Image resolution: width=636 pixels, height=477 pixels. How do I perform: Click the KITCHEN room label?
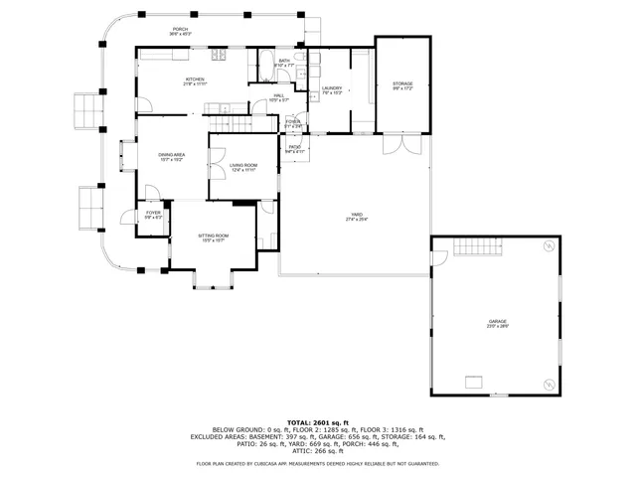[195, 79]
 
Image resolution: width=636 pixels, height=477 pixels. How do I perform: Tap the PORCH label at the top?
[181, 30]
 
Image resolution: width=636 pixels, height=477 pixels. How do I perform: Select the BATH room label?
[284, 62]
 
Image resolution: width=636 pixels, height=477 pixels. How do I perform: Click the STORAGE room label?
[402, 83]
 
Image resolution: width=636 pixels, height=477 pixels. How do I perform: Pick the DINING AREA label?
[172, 155]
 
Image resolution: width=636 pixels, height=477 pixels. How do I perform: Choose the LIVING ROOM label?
[243, 166]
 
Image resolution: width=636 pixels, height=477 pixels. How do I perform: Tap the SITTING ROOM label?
[214, 236]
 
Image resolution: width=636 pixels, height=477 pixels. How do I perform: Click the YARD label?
[355, 216]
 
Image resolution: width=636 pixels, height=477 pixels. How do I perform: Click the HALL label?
[279, 96]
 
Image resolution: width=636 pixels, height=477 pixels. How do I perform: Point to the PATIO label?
[294, 148]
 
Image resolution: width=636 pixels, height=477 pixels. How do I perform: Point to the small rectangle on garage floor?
[475, 382]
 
